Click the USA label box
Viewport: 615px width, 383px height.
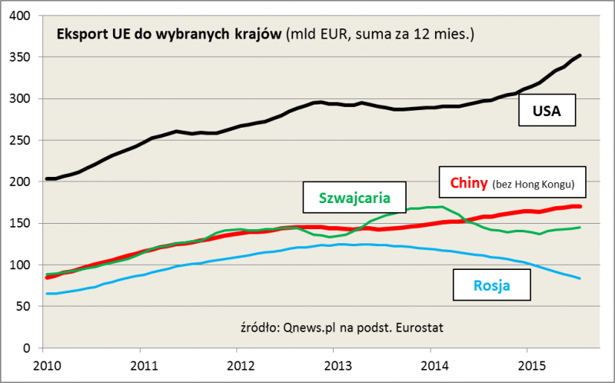(548, 114)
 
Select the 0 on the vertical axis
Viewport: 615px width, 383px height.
(32, 348)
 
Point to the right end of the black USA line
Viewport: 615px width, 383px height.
(580, 55)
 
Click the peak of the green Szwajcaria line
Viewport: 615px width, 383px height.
(435, 206)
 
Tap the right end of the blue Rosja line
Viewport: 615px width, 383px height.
(580, 278)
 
